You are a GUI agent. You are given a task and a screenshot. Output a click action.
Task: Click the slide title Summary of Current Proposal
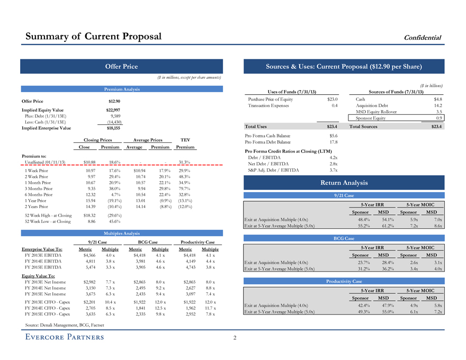click(94, 36)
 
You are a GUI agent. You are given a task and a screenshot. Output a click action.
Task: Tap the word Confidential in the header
click(423, 37)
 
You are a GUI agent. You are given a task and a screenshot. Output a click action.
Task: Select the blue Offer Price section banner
click(121, 66)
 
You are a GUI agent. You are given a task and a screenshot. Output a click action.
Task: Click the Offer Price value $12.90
click(114, 101)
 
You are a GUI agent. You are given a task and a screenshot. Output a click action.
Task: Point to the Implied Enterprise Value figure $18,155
click(113, 128)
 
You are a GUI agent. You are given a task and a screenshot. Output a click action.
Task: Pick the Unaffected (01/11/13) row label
click(45, 162)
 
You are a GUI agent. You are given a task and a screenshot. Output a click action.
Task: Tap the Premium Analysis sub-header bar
click(121, 89)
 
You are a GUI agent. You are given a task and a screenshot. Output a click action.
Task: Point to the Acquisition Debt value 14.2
click(437, 105)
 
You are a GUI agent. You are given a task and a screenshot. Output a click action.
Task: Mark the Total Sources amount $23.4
click(436, 127)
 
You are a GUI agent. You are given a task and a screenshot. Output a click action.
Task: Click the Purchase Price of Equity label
click(271, 99)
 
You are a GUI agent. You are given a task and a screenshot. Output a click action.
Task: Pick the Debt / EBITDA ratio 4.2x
click(333, 157)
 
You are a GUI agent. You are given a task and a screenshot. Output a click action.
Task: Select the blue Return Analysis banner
click(343, 183)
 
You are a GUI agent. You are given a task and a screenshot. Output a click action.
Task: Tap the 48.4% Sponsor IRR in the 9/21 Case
click(363, 219)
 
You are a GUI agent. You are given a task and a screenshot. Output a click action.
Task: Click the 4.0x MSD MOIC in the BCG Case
click(436, 268)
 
